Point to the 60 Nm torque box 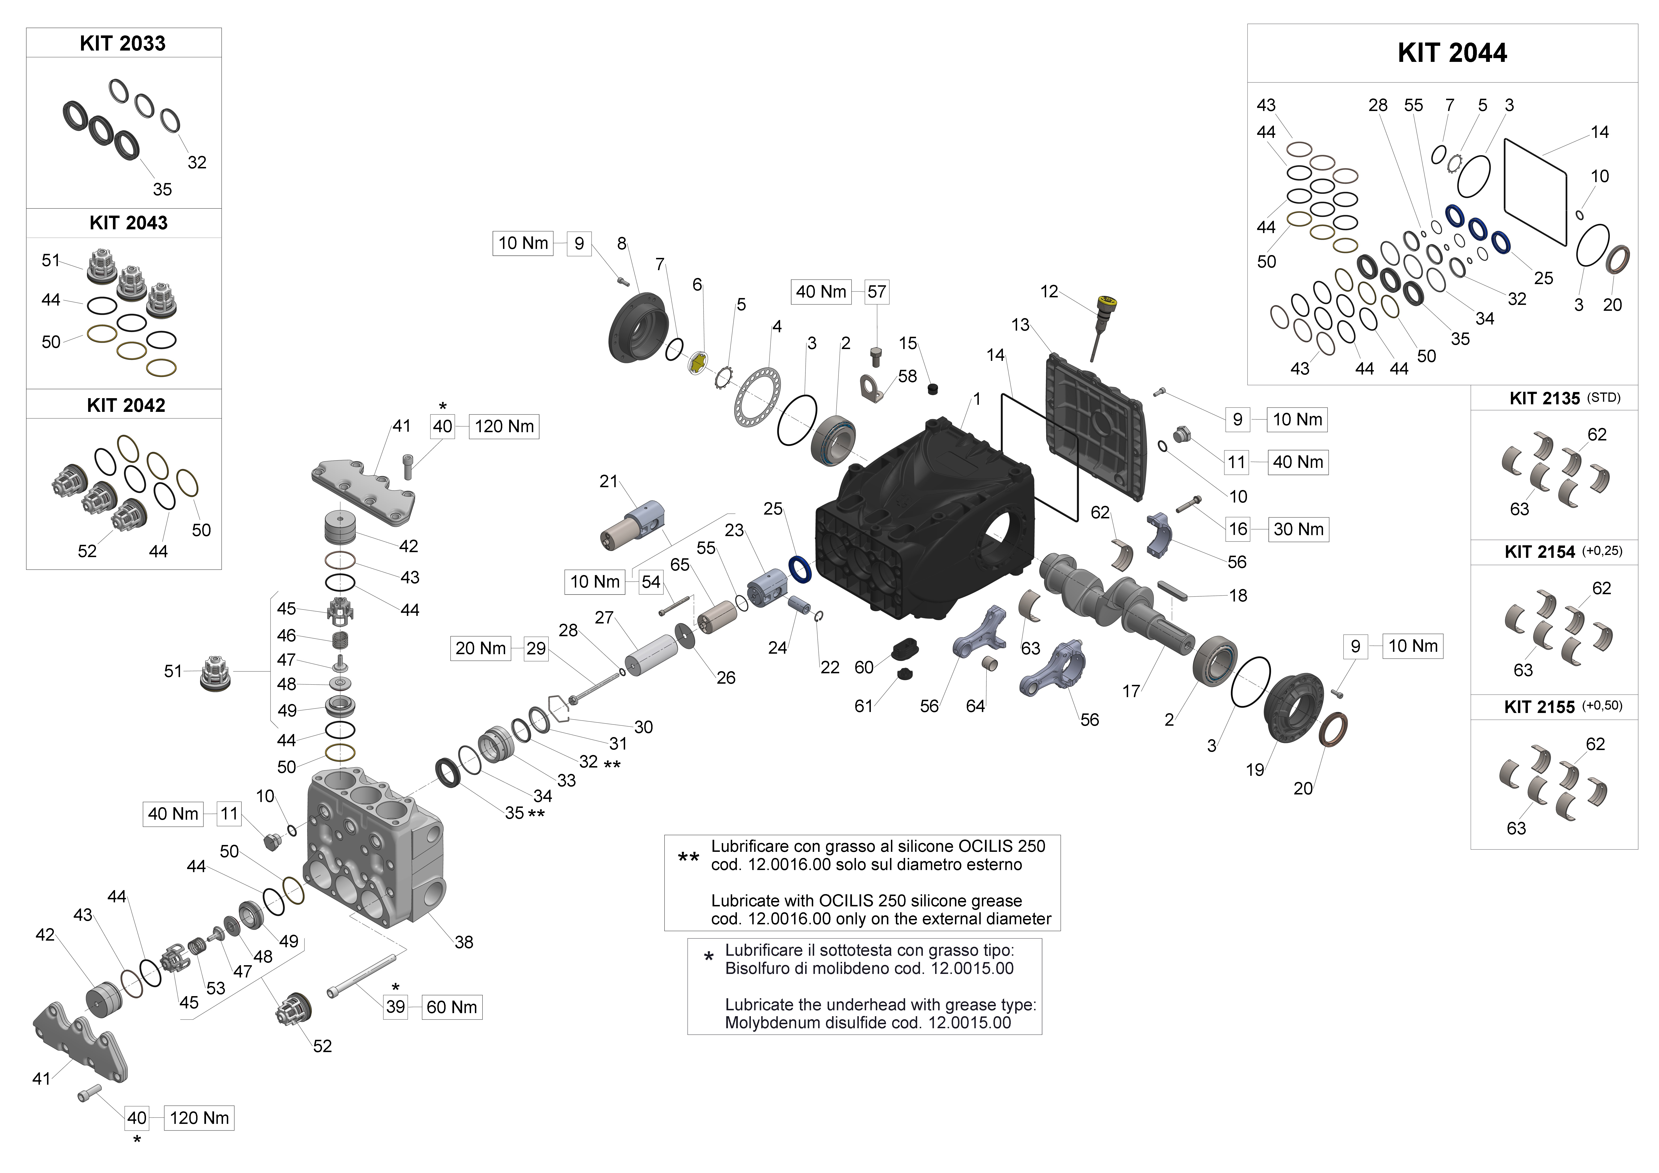451,1007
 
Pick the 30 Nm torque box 1298,529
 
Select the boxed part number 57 877,292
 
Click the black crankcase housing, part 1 925,520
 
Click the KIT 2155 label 1539,707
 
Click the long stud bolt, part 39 361,975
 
